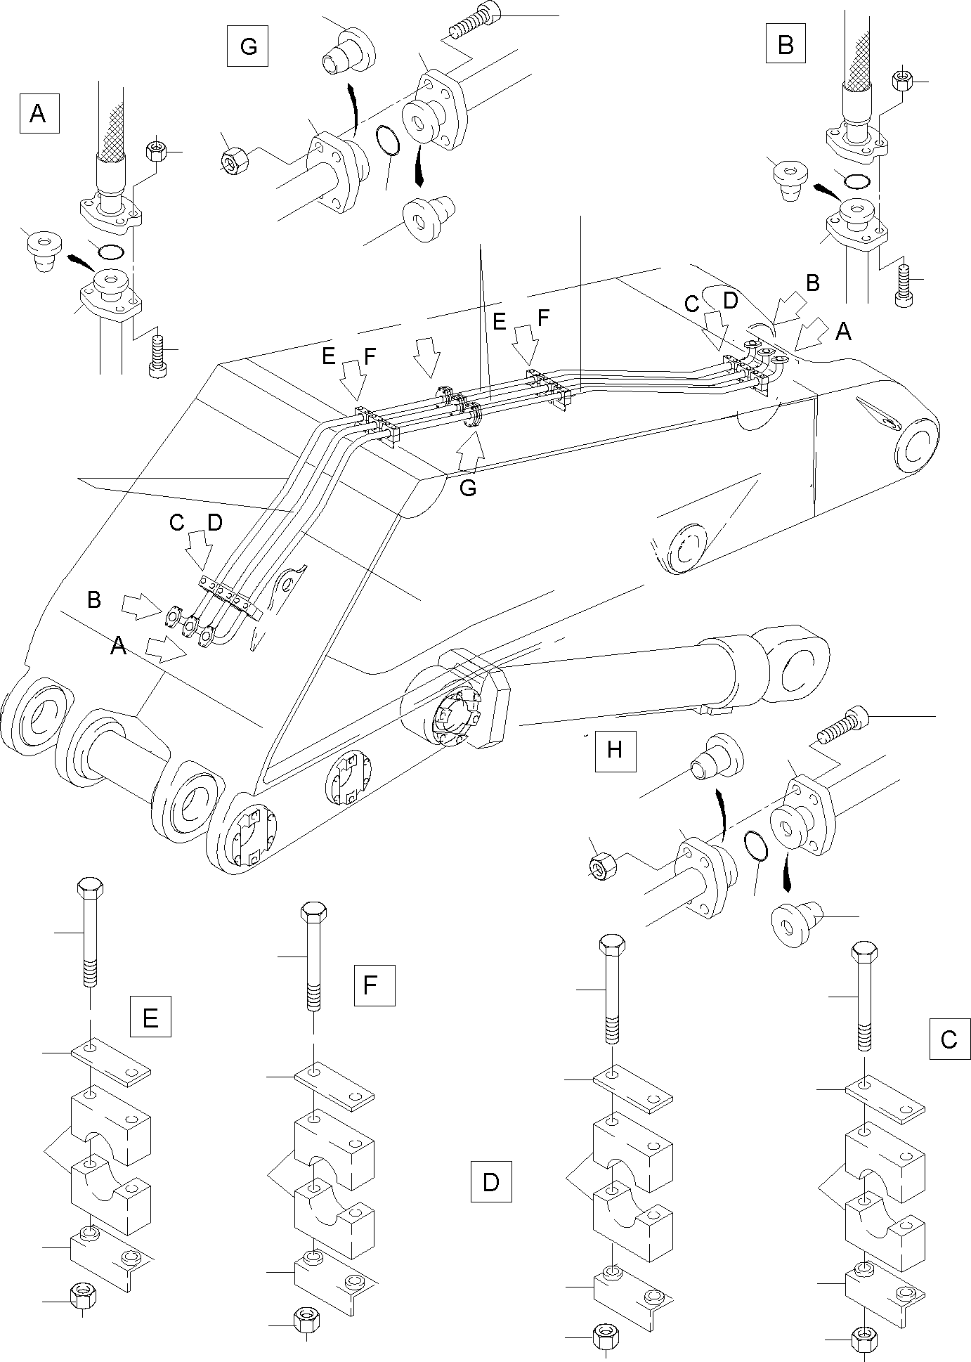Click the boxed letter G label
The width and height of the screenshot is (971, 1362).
248,46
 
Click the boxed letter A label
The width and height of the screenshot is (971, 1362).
39,113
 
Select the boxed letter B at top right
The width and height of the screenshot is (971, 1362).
786,46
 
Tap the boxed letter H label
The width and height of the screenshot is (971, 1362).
615,751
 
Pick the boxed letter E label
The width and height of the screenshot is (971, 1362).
150,1017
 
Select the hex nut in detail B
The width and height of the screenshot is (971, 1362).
902,81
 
